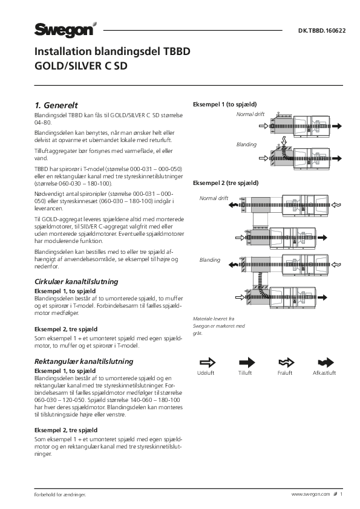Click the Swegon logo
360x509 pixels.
coord(65,30)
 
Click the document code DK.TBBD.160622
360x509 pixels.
coord(322,31)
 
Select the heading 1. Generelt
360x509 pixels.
coord(56,105)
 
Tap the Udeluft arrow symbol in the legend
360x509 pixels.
coord(208,362)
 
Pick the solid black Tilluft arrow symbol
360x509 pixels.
coord(247,362)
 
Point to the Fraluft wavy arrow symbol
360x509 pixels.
coord(286,362)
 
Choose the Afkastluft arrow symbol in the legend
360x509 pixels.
coord(326,362)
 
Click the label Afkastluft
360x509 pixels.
coord(324,373)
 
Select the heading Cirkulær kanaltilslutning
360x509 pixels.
coord(76,282)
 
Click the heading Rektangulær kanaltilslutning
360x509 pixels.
coord(84,361)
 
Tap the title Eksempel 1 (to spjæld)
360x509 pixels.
coord(225,105)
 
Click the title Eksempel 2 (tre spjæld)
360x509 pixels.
coord(226,183)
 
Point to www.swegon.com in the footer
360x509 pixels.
coord(310,494)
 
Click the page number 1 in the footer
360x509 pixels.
coord(341,494)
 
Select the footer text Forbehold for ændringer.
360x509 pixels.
coord(60,494)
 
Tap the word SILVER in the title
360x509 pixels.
coord(85,66)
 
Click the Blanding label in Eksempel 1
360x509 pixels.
coord(246,144)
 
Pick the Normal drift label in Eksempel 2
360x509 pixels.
coord(214,198)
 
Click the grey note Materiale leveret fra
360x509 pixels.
coord(214,319)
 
